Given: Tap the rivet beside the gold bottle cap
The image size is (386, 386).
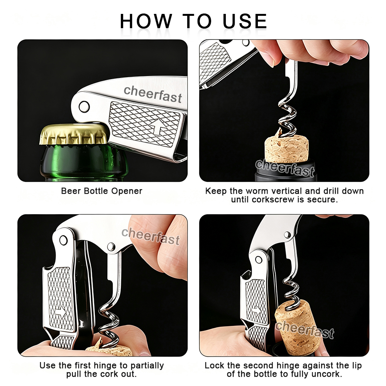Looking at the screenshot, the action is tap(84, 107).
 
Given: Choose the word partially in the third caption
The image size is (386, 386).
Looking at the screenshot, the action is tap(147, 366).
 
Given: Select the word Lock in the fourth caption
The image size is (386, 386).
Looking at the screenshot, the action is tap(214, 365).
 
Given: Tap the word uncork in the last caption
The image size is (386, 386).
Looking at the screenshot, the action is tap(328, 374).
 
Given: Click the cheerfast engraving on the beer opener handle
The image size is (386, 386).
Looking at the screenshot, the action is tap(152, 94).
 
